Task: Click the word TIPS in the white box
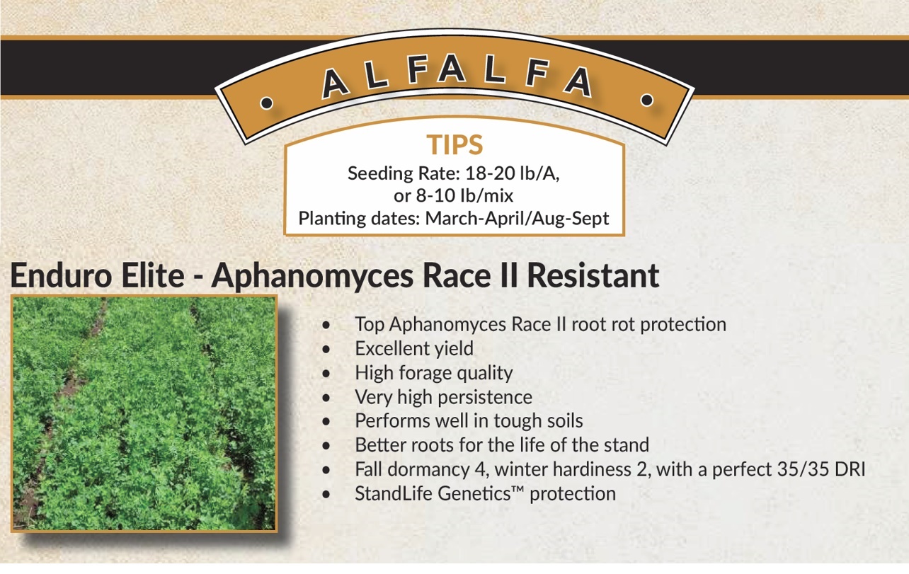pos(455,145)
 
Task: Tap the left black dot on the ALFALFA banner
pos(266,103)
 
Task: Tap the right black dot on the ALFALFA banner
pos(647,100)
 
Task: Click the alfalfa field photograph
pos(144,413)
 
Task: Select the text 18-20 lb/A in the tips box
pos(512,173)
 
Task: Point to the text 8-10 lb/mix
pos(464,196)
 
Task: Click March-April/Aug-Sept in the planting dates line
pos(517,219)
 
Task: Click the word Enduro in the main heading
pos(61,276)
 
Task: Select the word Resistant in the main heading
pos(593,276)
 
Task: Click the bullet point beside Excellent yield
pos(326,349)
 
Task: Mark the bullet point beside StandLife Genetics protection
pos(326,495)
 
